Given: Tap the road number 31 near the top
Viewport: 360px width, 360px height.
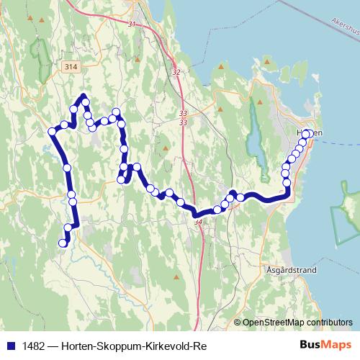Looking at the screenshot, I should [x=130, y=24].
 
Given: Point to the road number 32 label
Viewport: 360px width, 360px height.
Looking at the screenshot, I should [x=177, y=71].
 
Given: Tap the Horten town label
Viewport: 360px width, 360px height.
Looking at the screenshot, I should [x=307, y=133].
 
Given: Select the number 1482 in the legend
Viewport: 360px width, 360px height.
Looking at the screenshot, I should [x=31, y=344].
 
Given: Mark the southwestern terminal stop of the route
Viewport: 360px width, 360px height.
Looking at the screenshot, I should [x=63, y=243].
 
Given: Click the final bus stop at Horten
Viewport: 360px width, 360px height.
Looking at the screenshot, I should [x=307, y=134].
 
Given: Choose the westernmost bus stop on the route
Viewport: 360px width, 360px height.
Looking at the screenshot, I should [x=52, y=131].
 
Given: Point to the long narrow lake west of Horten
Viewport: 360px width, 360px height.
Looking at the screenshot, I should [x=253, y=126].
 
